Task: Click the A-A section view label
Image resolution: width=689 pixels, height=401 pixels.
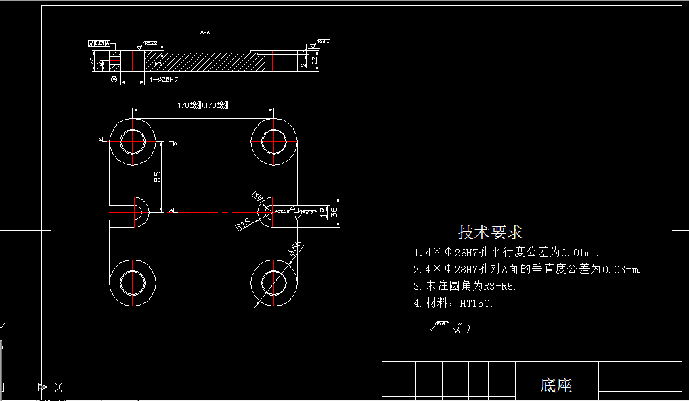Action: (205, 32)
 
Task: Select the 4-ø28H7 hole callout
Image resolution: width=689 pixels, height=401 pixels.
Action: (163, 80)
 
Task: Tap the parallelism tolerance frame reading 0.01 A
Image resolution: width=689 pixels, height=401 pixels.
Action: (99, 43)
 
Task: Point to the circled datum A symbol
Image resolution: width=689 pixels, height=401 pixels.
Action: (113, 80)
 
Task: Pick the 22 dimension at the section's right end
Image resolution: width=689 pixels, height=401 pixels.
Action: (315, 61)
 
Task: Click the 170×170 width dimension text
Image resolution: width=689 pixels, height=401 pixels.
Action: (202, 105)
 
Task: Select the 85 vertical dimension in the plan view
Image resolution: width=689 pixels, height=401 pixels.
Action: (158, 177)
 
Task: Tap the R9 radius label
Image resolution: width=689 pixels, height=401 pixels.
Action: (257, 195)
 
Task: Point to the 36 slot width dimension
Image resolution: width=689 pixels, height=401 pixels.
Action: (334, 211)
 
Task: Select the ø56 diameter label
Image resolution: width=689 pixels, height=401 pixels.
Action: (295, 249)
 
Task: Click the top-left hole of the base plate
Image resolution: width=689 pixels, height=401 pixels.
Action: (133, 141)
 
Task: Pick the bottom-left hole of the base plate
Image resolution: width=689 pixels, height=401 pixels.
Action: (133, 282)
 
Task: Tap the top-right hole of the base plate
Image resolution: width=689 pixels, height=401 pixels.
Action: (275, 141)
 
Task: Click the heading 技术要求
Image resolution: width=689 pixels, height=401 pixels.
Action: (491, 233)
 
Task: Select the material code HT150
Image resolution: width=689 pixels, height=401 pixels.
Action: (476, 304)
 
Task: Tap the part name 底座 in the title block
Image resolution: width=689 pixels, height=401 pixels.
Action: (556, 386)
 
